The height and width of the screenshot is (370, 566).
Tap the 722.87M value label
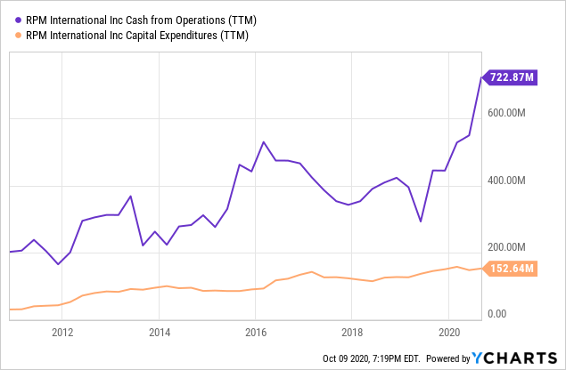coord(511,78)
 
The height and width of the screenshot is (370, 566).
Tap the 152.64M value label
coord(511,268)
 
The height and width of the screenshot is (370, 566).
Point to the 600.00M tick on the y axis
coord(513,114)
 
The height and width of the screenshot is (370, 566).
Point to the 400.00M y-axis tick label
coord(513,181)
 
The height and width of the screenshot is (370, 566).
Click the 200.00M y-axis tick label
coord(513,247)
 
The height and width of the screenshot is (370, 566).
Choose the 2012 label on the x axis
coord(62,334)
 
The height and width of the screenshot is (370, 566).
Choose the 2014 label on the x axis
coord(159,334)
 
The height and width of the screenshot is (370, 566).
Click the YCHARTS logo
coord(519,358)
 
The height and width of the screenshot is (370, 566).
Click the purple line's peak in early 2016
coord(264,142)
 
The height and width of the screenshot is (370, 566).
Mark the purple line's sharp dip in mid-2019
coord(421,221)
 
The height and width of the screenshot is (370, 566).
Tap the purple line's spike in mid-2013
coord(131,196)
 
